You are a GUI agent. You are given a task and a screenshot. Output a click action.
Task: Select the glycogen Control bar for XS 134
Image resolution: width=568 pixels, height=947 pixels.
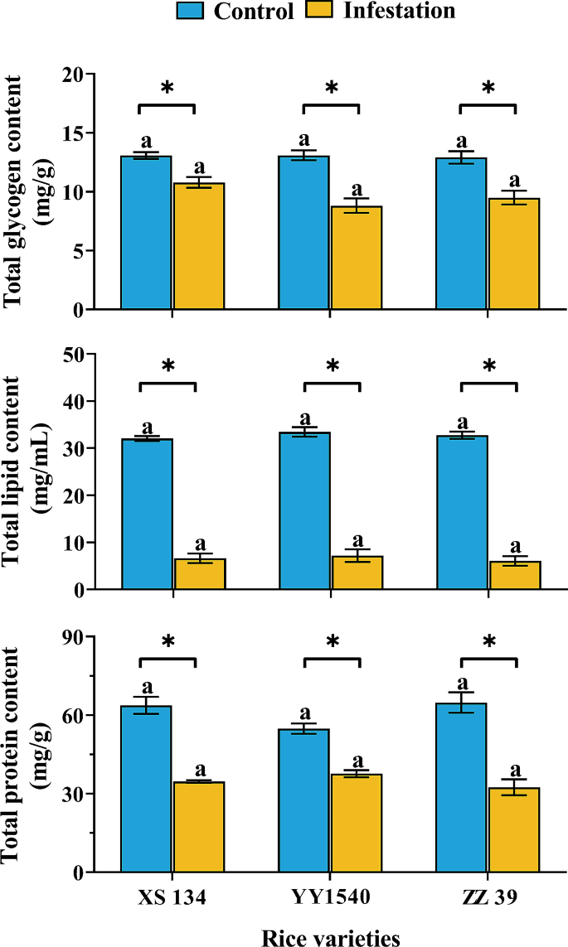[x=146, y=232]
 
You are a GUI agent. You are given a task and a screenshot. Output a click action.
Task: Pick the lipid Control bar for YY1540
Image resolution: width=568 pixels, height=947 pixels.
[x=304, y=510]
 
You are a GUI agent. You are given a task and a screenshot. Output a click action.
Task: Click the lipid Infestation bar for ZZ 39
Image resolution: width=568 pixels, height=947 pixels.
[x=514, y=575]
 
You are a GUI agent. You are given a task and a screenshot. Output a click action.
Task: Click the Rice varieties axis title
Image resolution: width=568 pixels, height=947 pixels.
[x=331, y=937]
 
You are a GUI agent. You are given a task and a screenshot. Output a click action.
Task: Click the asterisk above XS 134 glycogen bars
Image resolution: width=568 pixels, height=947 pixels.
[x=166, y=89]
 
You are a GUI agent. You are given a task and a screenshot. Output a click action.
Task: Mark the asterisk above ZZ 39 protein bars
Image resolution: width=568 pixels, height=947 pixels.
[x=488, y=643]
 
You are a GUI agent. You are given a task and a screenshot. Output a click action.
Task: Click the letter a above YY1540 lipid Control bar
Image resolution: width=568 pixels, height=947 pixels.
[x=304, y=418]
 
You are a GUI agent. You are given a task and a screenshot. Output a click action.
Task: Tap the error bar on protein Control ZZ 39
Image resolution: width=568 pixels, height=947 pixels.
[x=462, y=702]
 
